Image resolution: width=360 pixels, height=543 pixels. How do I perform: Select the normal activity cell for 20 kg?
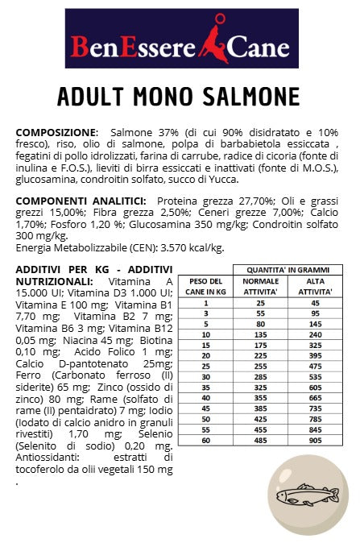(x=261, y=354)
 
